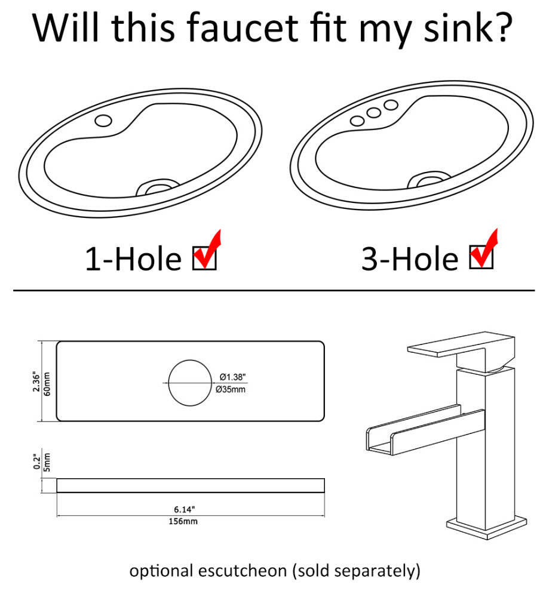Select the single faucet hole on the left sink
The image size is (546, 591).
pos(103,121)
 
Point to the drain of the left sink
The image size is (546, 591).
pos(158,187)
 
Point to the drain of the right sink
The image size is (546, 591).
pos(429,180)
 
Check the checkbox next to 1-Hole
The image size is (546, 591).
pos(204,258)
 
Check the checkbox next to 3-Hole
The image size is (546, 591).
pos(481,257)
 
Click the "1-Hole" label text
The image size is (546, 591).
pos(133,258)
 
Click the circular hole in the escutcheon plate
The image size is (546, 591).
pos(190,383)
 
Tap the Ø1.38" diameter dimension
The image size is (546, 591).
pos(232,377)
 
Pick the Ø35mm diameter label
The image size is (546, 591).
pos(231,389)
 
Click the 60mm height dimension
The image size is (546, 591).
pos(47,384)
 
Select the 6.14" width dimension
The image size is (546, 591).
pos(185,510)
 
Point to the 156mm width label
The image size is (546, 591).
pos(183,521)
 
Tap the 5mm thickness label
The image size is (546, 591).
pos(47,463)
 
